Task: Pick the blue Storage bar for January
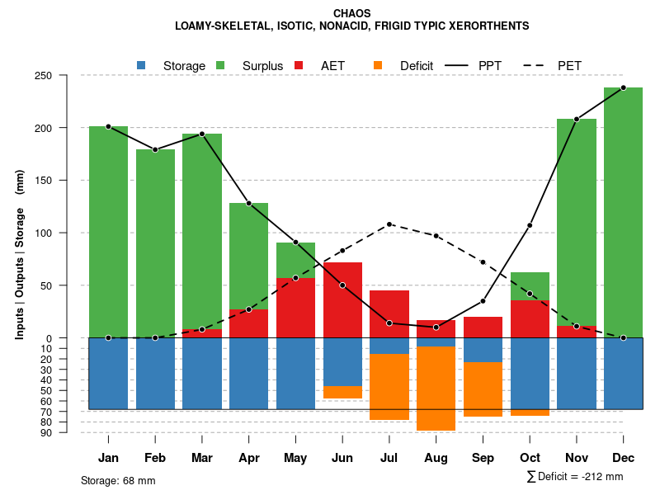click(x=108, y=373)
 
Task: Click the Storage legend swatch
click(x=142, y=65)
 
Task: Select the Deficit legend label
click(x=417, y=65)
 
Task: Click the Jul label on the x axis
click(x=389, y=458)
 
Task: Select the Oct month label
click(x=530, y=458)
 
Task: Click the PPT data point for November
click(x=576, y=120)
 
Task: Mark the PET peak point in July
click(x=389, y=224)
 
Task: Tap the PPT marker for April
click(x=248, y=204)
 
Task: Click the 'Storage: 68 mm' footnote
click(x=118, y=480)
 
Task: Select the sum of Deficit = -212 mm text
click(x=574, y=477)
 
